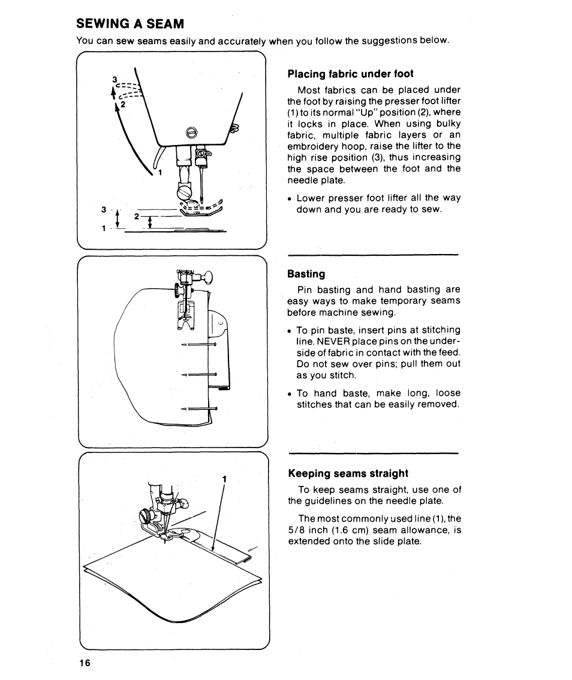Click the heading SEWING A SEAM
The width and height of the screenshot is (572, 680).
point(130,24)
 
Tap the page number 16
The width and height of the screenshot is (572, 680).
point(83,663)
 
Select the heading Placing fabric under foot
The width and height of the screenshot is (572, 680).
point(350,74)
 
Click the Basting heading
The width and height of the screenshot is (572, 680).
point(306,274)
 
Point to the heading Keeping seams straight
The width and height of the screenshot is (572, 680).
point(348,473)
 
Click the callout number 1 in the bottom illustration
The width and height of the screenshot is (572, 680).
point(224,479)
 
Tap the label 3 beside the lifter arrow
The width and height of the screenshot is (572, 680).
point(114,79)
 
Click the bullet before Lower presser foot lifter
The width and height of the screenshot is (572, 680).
point(290,199)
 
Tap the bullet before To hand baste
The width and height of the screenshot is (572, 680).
point(290,394)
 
